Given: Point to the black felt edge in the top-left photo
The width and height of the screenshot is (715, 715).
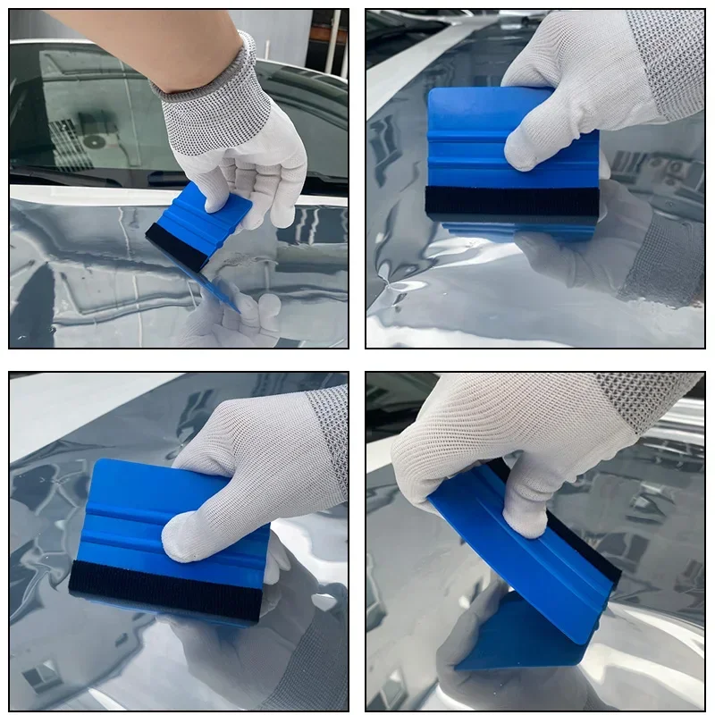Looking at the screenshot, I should click(175, 245).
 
